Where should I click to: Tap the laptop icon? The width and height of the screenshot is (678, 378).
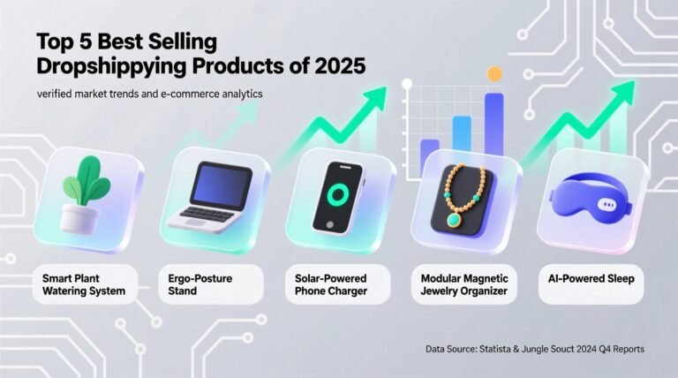(x=211, y=196)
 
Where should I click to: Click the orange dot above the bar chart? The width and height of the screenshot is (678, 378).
(x=494, y=74)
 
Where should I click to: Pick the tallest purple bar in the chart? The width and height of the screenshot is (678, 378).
(x=494, y=124)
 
